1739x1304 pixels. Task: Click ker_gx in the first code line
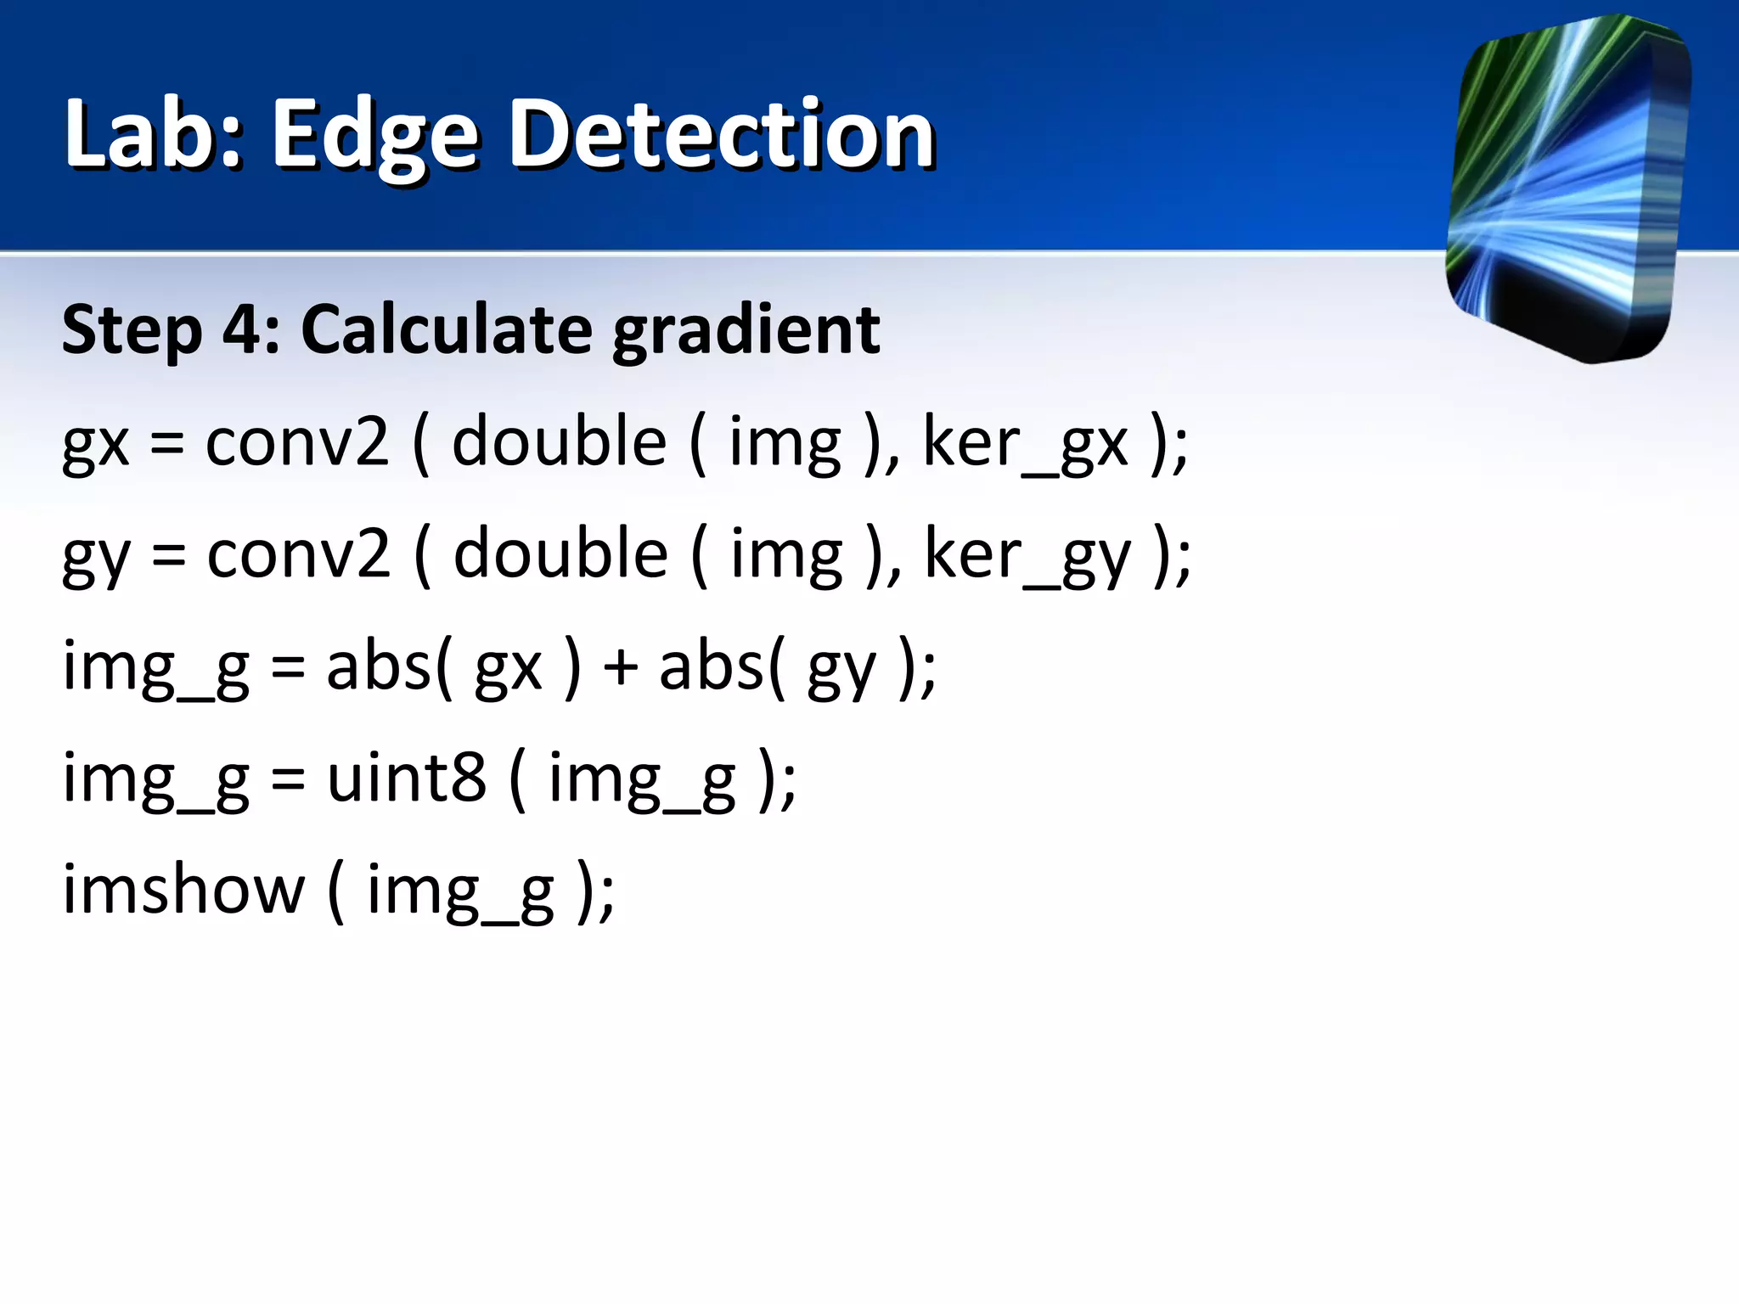click(1026, 443)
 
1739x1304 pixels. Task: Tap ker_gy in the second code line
click(1027, 555)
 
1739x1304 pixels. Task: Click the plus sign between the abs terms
click(621, 667)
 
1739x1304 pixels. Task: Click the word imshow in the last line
click(183, 890)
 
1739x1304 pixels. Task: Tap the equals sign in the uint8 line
click(288, 779)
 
